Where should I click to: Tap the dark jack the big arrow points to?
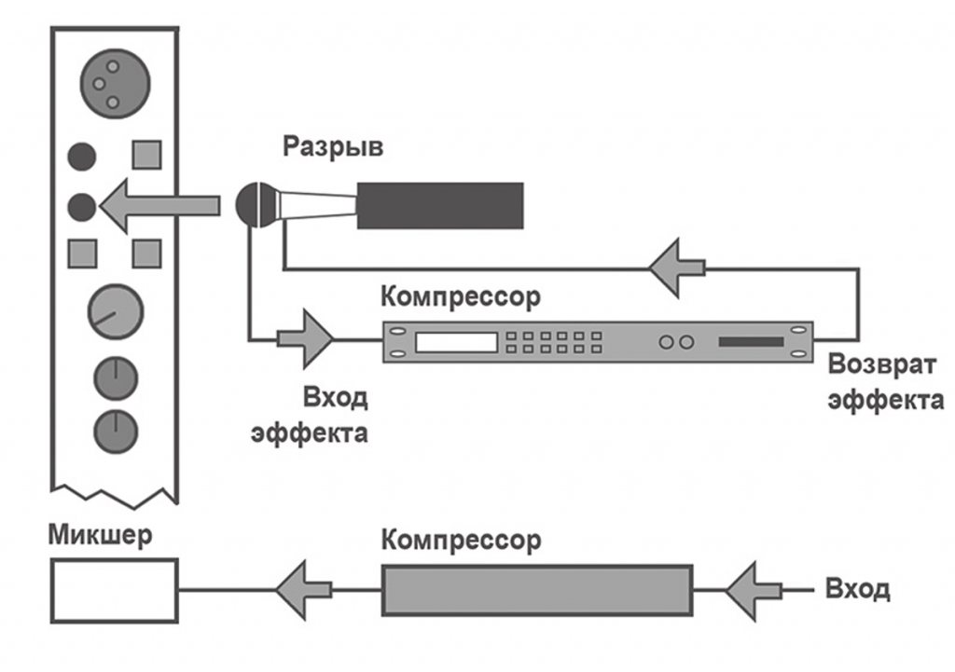(83, 206)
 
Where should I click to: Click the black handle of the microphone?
(439, 205)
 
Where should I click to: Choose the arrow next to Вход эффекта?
(305, 339)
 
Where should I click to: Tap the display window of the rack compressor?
(456, 342)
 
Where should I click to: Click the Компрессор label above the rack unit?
(461, 298)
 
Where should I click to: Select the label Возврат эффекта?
(885, 382)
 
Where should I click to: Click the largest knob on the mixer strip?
(115, 313)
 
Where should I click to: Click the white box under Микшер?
(114, 591)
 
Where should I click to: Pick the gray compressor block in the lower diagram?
(537, 589)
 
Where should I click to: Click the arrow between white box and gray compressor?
(304, 589)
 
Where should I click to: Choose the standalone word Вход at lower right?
(858, 589)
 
